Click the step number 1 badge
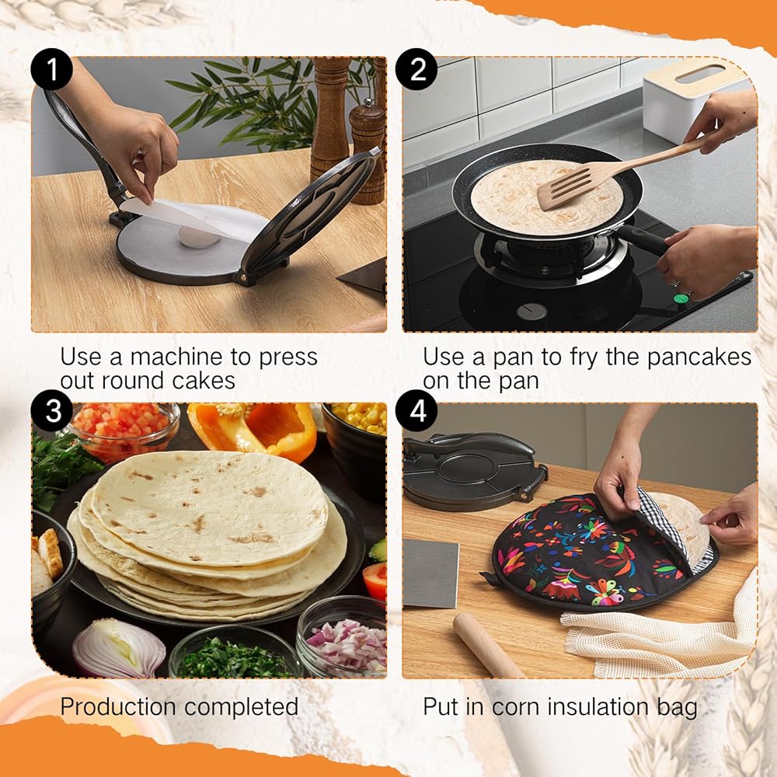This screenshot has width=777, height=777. (51, 69)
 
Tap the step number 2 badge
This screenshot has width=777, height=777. (416, 69)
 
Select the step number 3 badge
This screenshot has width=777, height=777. (51, 411)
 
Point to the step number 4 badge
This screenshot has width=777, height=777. (416, 411)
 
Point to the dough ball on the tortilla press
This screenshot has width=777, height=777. (198, 236)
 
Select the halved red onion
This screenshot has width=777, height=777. (119, 648)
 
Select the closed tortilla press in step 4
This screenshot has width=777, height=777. (474, 470)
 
